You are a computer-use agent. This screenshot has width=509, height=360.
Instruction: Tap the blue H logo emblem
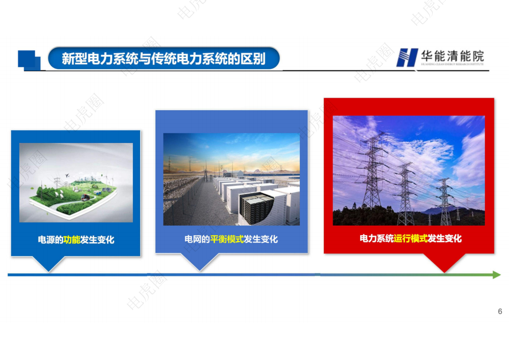coord(406,57)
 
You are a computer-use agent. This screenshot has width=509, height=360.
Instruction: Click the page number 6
coord(500,311)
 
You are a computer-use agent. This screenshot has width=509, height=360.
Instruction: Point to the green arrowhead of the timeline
coord(496,275)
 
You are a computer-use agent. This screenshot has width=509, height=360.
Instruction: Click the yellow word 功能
coord(72,240)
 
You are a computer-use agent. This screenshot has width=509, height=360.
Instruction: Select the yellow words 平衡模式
coord(227,239)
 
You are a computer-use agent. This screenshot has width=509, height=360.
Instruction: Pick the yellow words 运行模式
coord(411,238)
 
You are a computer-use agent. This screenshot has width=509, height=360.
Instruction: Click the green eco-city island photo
coord(76,182)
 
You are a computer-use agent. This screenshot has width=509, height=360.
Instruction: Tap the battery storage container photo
coord(231,179)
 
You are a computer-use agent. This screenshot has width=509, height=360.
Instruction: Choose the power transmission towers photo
coord(409,171)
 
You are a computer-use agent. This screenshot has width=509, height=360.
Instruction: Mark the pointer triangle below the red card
coord(444,262)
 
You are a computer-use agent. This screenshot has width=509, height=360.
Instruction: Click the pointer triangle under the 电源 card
coord(48,263)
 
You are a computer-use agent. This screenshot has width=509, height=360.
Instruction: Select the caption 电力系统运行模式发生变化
coord(411,238)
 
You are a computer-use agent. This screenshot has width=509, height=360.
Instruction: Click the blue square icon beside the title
coord(28,60)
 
